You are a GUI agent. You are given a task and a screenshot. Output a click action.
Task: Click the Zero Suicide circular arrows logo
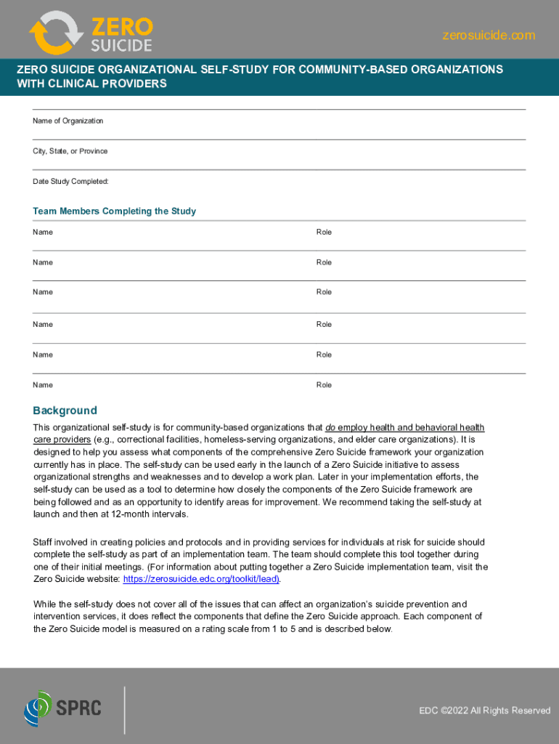57,33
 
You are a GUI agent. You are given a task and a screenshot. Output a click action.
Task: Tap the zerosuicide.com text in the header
489,35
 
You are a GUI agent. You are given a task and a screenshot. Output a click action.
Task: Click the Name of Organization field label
68,121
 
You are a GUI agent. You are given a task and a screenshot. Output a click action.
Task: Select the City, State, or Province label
70,151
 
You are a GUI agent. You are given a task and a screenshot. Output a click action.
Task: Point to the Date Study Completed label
70,181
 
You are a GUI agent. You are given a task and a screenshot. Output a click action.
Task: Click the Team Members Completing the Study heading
114,211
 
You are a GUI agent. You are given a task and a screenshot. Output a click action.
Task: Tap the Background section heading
65,411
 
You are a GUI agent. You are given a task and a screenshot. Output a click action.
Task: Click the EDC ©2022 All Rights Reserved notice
484,711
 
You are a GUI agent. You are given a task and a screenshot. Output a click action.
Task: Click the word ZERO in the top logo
121,27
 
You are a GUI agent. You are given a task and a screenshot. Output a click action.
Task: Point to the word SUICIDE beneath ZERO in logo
121,45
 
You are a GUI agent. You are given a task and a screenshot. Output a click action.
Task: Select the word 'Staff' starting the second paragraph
44,542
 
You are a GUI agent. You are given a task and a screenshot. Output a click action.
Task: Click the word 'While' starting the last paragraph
45,604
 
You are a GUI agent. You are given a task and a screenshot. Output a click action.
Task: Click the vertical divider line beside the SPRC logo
125,710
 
